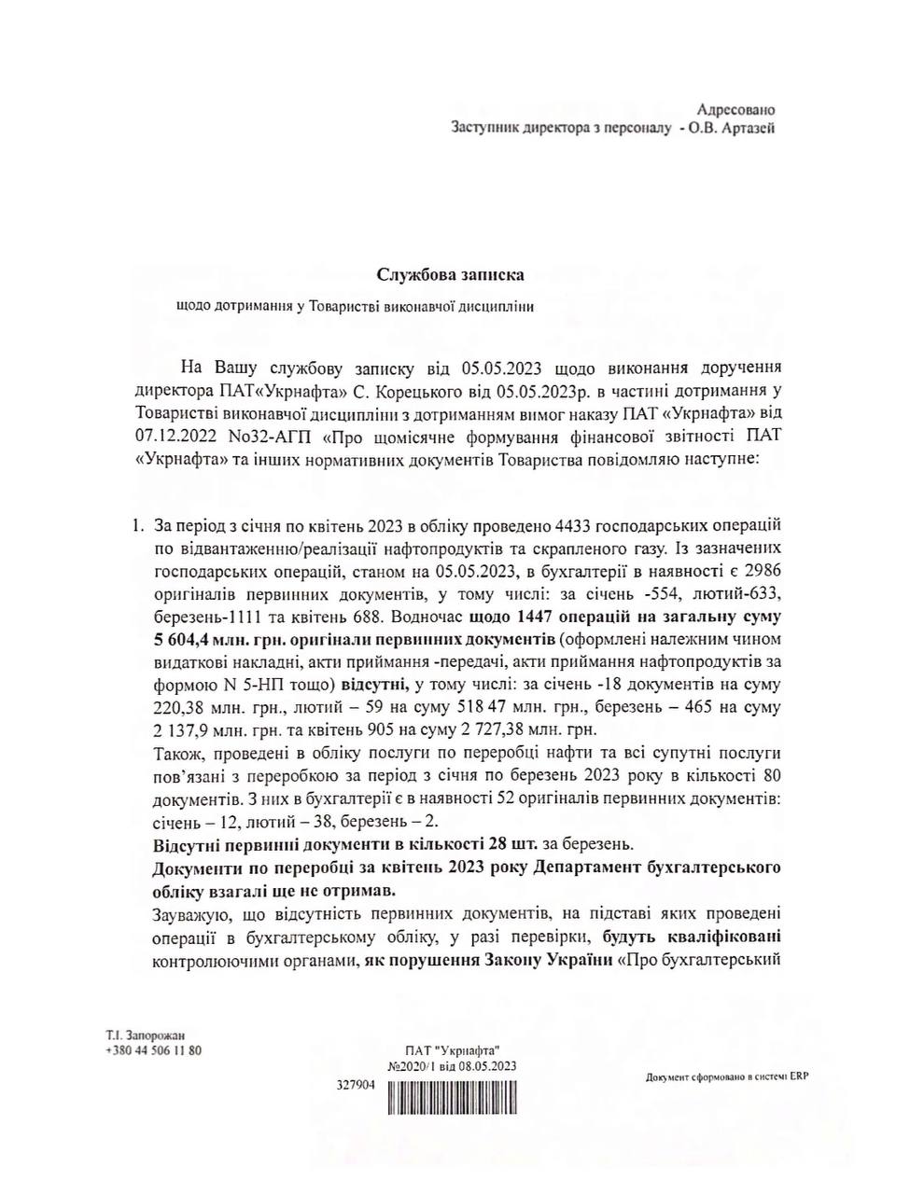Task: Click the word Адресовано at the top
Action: click(736, 110)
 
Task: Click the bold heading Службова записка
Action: click(451, 274)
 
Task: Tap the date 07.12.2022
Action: click(179, 434)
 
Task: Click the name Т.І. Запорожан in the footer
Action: click(146, 1035)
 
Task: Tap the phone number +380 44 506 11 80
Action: click(155, 1049)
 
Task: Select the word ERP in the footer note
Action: click(798, 1077)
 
